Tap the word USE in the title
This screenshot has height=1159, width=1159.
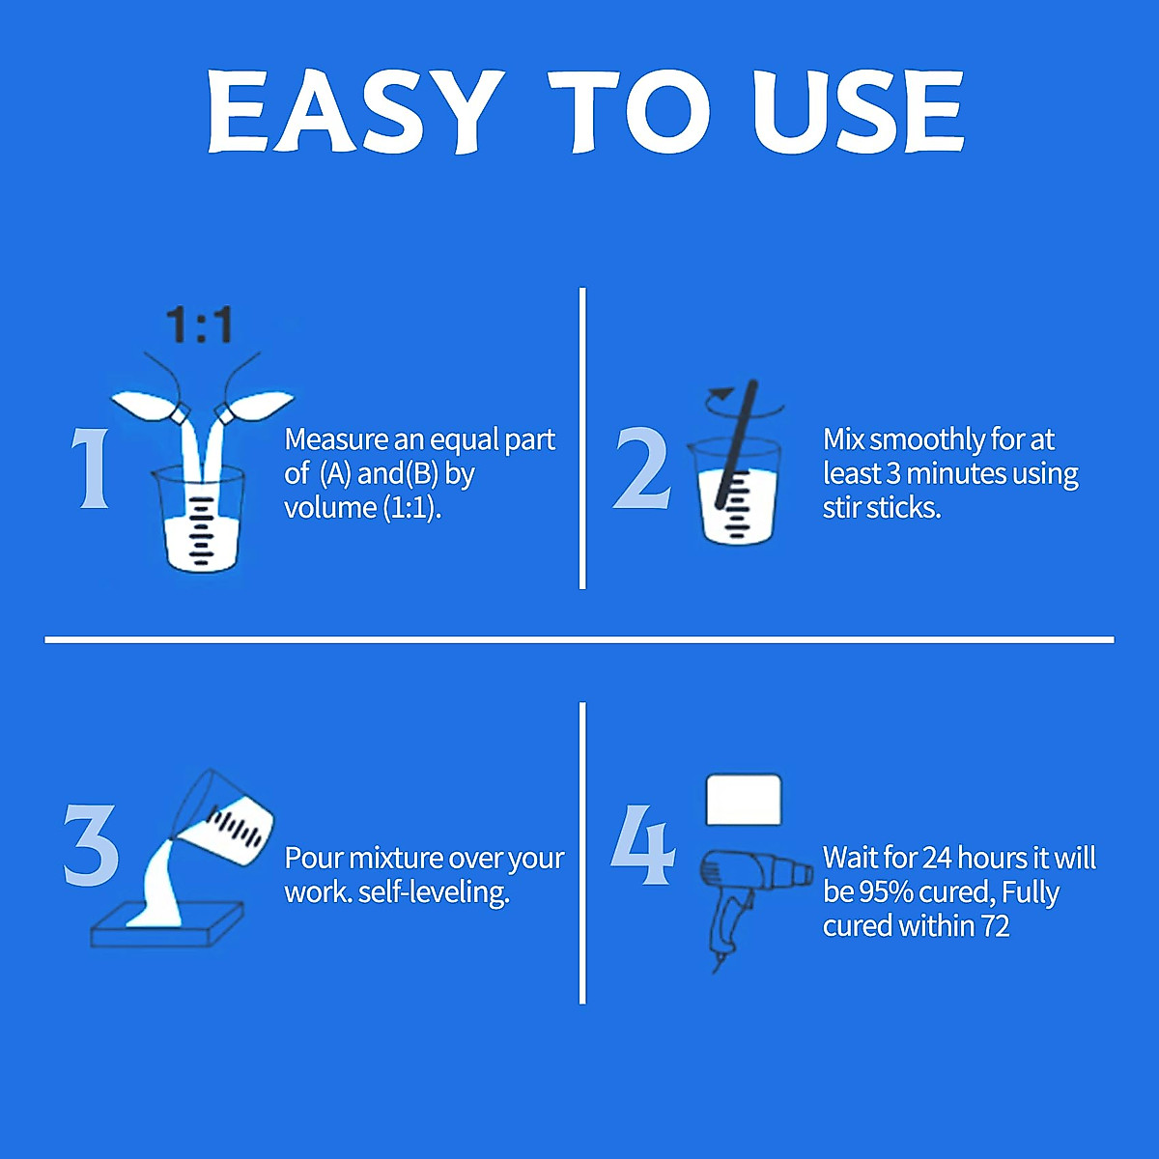click(859, 112)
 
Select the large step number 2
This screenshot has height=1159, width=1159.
click(642, 469)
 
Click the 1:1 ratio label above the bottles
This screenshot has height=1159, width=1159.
click(199, 325)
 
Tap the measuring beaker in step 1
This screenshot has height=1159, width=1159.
click(200, 522)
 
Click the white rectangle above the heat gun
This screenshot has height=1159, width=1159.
click(743, 800)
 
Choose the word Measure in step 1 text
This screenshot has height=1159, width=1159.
click(336, 440)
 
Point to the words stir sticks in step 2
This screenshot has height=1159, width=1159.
click(881, 507)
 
